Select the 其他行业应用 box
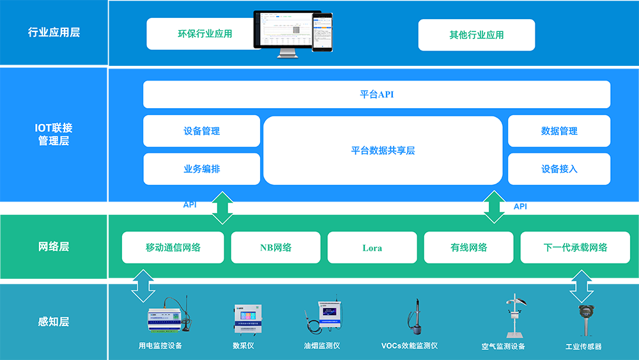tap(476, 35)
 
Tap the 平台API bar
tap(376, 95)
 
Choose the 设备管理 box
tap(201, 131)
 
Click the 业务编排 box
tap(201, 169)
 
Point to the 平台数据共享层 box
tap(383, 151)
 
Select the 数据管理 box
tap(559, 131)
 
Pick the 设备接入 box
tap(559, 169)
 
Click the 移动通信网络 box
tap(173, 247)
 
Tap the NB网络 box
tap(275, 247)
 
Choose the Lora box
tap(372, 247)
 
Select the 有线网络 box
tap(468, 247)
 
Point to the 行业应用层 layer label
tap(54, 33)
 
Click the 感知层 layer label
tap(54, 322)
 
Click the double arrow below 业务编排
tap(222, 207)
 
